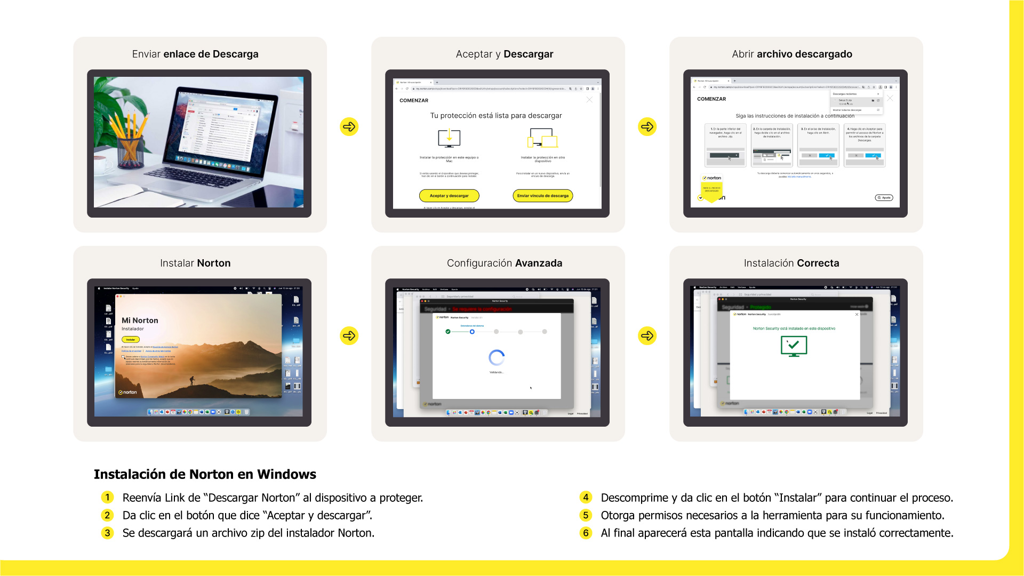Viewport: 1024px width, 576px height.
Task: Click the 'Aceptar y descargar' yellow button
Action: click(x=449, y=196)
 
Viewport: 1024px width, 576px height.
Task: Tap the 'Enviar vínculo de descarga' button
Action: click(x=542, y=196)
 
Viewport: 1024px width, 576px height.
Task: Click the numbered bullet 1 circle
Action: click(x=107, y=498)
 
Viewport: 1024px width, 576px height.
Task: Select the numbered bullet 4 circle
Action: click(x=586, y=498)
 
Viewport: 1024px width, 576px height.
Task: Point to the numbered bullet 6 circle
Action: click(x=586, y=533)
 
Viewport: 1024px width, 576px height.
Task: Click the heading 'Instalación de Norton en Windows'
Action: click(x=205, y=474)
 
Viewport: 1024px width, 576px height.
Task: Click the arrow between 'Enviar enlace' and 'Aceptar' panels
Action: click(x=349, y=126)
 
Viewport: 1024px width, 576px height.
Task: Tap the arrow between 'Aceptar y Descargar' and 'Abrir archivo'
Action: click(x=647, y=126)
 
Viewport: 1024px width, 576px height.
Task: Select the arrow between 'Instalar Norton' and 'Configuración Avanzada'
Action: click(x=349, y=335)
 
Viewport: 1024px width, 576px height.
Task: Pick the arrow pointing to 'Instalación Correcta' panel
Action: click(x=647, y=335)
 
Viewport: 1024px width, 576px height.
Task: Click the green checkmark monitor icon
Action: click(x=794, y=346)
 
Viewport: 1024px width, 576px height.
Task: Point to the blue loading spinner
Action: click(x=497, y=357)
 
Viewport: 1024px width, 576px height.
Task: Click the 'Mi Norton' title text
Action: click(x=140, y=321)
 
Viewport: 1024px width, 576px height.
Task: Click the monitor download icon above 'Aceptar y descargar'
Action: click(x=449, y=138)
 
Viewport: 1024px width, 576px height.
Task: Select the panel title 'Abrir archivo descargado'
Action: click(x=792, y=54)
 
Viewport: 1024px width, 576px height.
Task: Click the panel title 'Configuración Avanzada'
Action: click(x=504, y=263)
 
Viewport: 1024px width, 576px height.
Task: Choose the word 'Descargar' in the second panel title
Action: click(x=528, y=54)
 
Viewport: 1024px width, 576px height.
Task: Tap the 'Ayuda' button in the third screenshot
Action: click(x=884, y=198)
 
